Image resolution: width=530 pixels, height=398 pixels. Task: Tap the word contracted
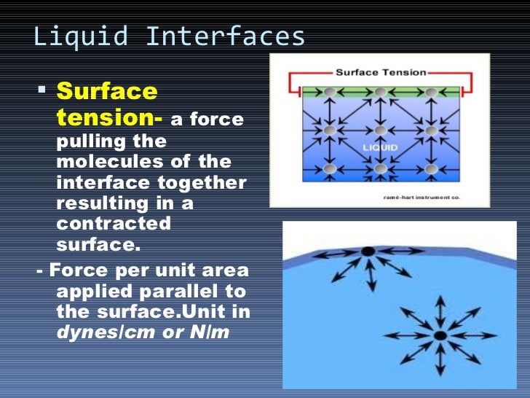pyautogui.click(x=113, y=222)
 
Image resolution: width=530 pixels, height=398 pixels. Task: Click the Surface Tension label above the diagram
pyautogui.click(x=381, y=72)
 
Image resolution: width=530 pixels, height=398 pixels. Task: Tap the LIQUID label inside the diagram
pyautogui.click(x=380, y=147)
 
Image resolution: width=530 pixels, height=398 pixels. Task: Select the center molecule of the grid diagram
pyautogui.click(x=380, y=130)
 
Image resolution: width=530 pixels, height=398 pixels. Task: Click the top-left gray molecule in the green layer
pyautogui.click(x=330, y=92)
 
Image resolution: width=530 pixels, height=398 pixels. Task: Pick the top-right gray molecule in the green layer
pyautogui.click(x=431, y=92)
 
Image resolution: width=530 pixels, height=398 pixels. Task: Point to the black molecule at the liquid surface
pyautogui.click(x=368, y=251)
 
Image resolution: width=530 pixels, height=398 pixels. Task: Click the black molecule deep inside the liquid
pyautogui.click(x=440, y=335)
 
